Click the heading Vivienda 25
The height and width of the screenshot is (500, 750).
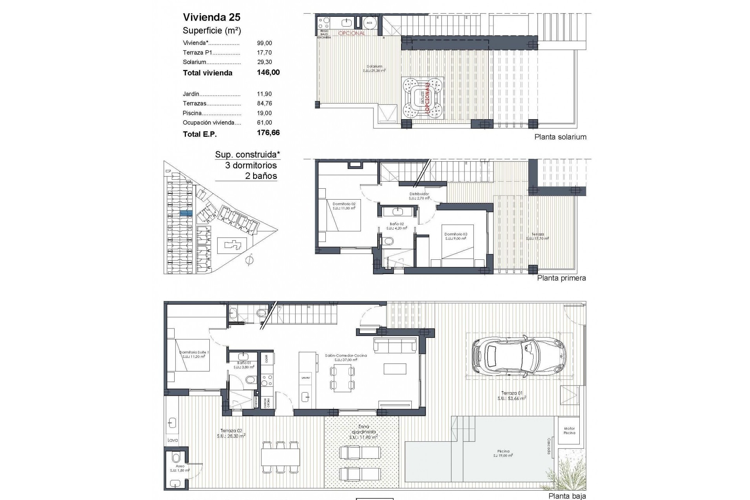click(211, 17)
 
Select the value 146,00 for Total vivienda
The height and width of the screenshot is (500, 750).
click(268, 72)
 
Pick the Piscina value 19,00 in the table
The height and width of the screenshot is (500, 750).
click(264, 113)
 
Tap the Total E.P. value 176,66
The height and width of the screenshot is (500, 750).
click(268, 133)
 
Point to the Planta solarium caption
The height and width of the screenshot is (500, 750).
click(560, 137)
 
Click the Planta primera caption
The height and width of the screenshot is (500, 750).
click(561, 278)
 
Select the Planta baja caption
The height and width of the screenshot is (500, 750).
click(567, 496)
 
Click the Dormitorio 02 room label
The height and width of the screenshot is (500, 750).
click(344, 204)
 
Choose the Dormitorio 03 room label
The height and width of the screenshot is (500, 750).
click(455, 235)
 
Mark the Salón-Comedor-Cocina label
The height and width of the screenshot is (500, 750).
click(340, 356)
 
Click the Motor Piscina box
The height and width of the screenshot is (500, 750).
click(569, 431)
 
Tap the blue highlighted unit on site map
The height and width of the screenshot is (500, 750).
click(186, 213)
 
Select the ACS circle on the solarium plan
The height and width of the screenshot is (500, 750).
click(369, 23)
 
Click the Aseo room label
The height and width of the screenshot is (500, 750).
click(180, 466)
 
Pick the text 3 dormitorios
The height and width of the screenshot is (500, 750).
click(251, 165)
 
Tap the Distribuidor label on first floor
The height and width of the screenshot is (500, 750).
click(419, 194)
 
